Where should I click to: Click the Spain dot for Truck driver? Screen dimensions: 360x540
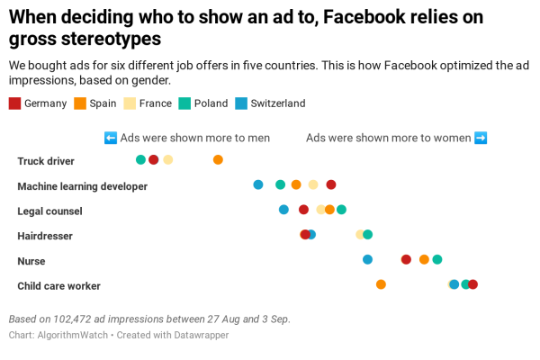[x=218, y=160]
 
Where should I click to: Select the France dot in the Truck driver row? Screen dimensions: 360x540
[x=168, y=160]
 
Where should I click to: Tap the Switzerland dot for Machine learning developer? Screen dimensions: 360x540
[x=258, y=184]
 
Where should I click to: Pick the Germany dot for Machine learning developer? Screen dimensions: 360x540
[x=331, y=184]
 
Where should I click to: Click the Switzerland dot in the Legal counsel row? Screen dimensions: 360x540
[x=283, y=210]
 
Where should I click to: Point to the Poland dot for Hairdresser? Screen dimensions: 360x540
[x=368, y=235]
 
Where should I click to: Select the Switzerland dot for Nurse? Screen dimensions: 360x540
[x=367, y=259]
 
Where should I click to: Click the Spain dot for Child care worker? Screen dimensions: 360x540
[x=381, y=284]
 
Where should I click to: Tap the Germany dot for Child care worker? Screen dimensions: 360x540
[x=473, y=284]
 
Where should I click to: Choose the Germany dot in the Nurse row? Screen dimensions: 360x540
[x=406, y=259]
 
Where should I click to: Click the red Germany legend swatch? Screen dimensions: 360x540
[x=14, y=103]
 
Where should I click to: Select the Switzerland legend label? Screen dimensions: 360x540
[x=278, y=103]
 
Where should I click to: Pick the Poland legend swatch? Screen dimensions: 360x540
[x=184, y=103]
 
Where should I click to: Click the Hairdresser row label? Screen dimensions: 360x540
[x=45, y=236]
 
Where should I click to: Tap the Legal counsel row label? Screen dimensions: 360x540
[x=49, y=211]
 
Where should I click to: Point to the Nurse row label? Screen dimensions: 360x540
[x=31, y=261]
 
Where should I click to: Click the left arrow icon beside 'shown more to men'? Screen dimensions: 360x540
[x=111, y=138]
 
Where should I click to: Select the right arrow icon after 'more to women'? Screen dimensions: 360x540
[x=481, y=138]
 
